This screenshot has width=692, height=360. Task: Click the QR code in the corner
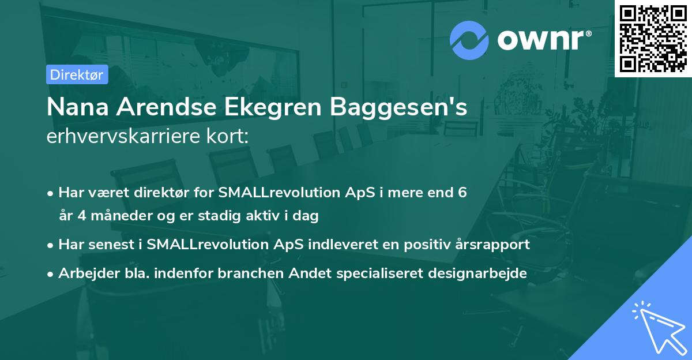(653, 38)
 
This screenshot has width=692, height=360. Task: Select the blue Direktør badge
(77, 74)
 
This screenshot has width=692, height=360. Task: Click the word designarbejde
(478, 273)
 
